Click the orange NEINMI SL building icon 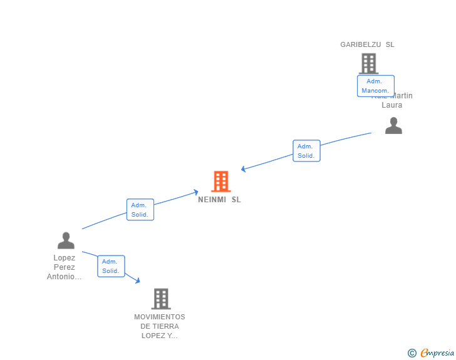[x=220, y=182]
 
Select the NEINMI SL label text [x=219, y=200]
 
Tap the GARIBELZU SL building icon [x=368, y=63]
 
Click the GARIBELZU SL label [x=367, y=44]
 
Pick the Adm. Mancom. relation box [x=375, y=86]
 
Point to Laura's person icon [x=393, y=126]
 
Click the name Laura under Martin [x=392, y=105]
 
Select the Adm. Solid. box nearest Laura [x=306, y=151]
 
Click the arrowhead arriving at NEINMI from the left [x=195, y=192]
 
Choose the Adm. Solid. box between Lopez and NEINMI [x=140, y=210]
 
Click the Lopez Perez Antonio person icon [x=66, y=240]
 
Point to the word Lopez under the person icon [x=65, y=258]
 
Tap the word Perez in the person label [x=65, y=267]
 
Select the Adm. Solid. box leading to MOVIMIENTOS [x=111, y=266]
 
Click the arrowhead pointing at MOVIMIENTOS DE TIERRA [x=137, y=281]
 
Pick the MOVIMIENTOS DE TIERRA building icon [x=161, y=299]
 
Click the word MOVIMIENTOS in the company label [x=160, y=317]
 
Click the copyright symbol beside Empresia [x=412, y=353]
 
